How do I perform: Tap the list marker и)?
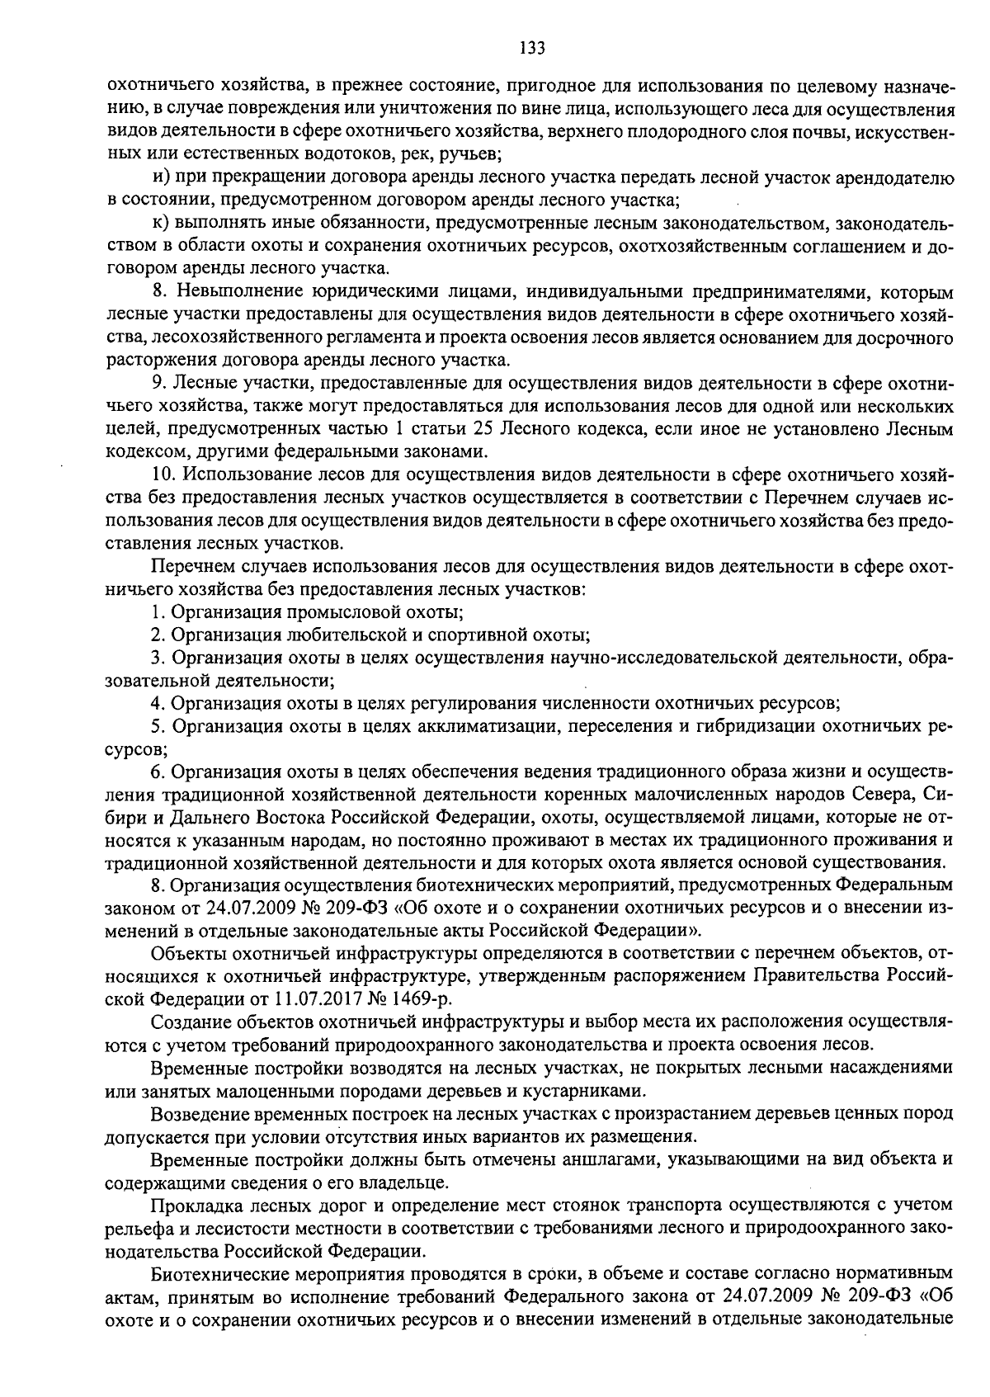tap(162, 177)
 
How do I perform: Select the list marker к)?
tap(161, 224)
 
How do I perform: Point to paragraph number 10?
tap(164, 476)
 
